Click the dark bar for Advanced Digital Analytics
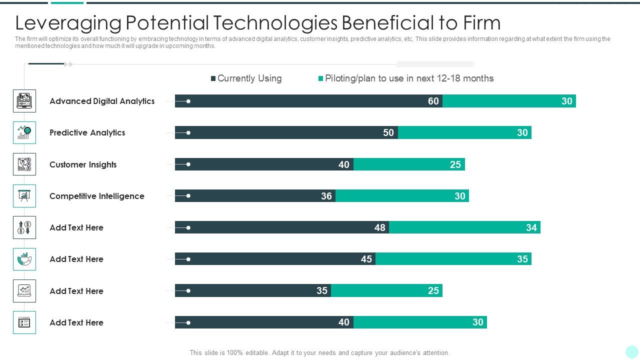pyautogui.click(x=308, y=101)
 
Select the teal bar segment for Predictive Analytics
pyautogui.click(x=464, y=132)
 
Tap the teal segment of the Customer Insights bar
pyautogui.click(x=409, y=164)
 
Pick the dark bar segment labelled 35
pyautogui.click(x=253, y=290)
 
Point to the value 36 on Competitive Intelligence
pyautogui.click(x=326, y=196)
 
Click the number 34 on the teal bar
pyautogui.click(x=531, y=227)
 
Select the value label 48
pyautogui.click(x=380, y=227)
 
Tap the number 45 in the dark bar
pyautogui.click(x=366, y=259)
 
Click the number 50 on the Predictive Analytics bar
pyautogui.click(x=388, y=132)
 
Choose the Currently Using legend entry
pyautogui.click(x=246, y=78)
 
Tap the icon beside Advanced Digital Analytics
pyautogui.click(x=24, y=101)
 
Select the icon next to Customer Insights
pyautogui.click(x=24, y=164)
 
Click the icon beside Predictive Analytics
pyautogui.click(x=24, y=132)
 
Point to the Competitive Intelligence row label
pyautogui.click(x=97, y=196)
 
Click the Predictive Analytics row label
pyautogui.click(x=87, y=132)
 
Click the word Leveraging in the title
pyautogui.click(x=68, y=23)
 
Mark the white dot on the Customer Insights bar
pyautogui.click(x=188, y=164)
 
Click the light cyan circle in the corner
pyautogui.click(x=631, y=352)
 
